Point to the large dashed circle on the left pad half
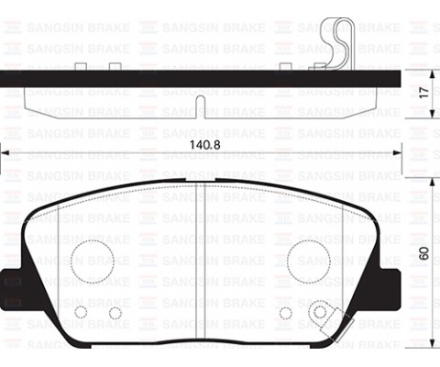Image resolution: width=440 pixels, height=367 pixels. (92, 260)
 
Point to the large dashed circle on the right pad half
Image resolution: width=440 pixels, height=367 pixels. (308, 260)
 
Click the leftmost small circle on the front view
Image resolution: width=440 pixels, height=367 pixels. (80, 312)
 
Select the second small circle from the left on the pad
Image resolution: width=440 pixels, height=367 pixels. (115, 313)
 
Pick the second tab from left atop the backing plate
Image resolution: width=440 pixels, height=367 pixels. (115, 65)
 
